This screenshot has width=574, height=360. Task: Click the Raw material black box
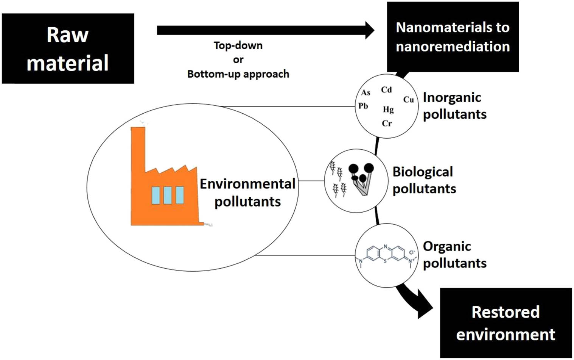click(x=68, y=49)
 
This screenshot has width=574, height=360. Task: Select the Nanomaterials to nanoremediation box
click(x=453, y=37)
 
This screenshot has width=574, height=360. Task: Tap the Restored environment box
click(x=506, y=323)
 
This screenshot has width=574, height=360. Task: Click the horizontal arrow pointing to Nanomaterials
click(x=265, y=30)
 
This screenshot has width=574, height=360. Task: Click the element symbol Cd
click(x=386, y=90)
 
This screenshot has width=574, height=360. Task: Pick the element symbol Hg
click(x=388, y=110)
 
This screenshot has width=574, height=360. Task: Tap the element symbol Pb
click(x=363, y=106)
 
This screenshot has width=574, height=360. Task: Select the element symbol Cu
click(x=408, y=100)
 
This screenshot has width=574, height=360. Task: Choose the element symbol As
click(x=366, y=92)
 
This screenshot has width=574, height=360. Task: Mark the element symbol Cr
click(x=387, y=123)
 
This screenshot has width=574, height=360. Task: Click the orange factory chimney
click(x=138, y=152)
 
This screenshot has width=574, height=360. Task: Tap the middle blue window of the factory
click(x=168, y=195)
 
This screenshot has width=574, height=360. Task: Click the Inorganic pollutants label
click(x=454, y=106)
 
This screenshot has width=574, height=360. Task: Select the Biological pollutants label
click(x=424, y=180)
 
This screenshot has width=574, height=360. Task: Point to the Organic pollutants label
click(x=454, y=254)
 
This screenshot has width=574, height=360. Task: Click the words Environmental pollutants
click(x=247, y=193)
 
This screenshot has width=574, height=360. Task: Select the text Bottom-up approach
click(x=238, y=74)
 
